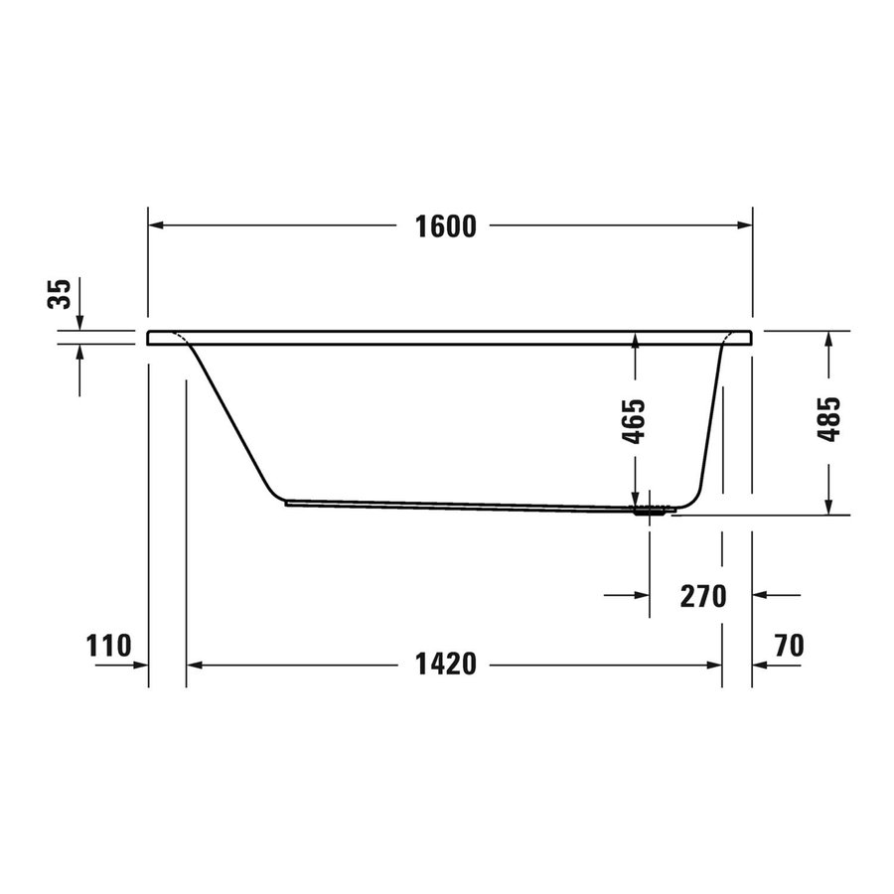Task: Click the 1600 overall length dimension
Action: (447, 226)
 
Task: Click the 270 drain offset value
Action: (703, 596)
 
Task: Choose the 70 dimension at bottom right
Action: (787, 647)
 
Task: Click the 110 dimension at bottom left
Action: (109, 647)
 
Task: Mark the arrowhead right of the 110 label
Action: (140, 665)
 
